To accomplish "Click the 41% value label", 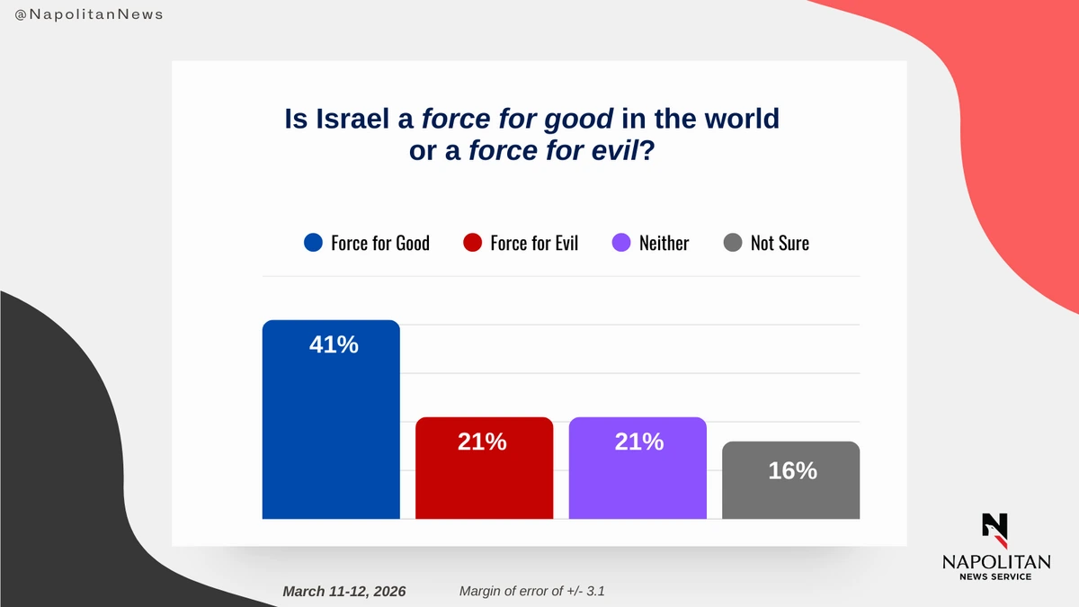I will (x=334, y=344).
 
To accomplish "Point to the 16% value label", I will (x=792, y=470).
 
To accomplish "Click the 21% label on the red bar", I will (x=482, y=442).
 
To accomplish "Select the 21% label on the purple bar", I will (x=639, y=442).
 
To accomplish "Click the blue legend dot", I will (x=313, y=243).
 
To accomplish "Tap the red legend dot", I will (x=472, y=243).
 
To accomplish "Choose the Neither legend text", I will (x=664, y=243).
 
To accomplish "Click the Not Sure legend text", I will (x=780, y=243).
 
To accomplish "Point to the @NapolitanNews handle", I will (x=89, y=15).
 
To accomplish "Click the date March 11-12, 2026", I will (x=343, y=591).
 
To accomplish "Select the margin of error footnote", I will (x=537, y=591).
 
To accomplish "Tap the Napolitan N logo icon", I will (x=994, y=530).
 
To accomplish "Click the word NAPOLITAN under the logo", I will (x=995, y=562).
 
